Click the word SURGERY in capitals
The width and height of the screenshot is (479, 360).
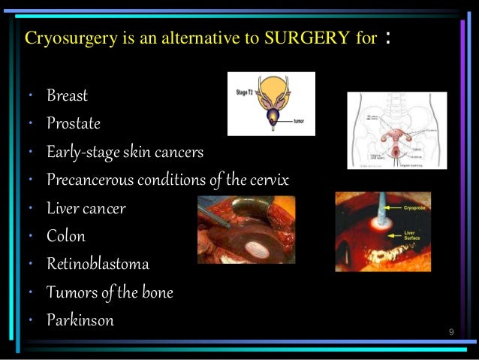click(309, 38)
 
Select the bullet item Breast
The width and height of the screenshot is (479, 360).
click(67, 95)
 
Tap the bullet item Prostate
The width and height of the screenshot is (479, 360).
click(73, 123)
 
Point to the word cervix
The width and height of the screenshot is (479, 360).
click(267, 180)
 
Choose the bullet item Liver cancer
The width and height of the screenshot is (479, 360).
click(86, 208)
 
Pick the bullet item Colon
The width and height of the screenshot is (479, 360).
click(66, 236)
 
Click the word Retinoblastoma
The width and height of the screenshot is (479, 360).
click(98, 264)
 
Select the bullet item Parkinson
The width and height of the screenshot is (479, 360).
click(80, 320)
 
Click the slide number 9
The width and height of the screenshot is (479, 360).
click(450, 331)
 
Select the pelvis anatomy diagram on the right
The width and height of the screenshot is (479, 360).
click(396, 130)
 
